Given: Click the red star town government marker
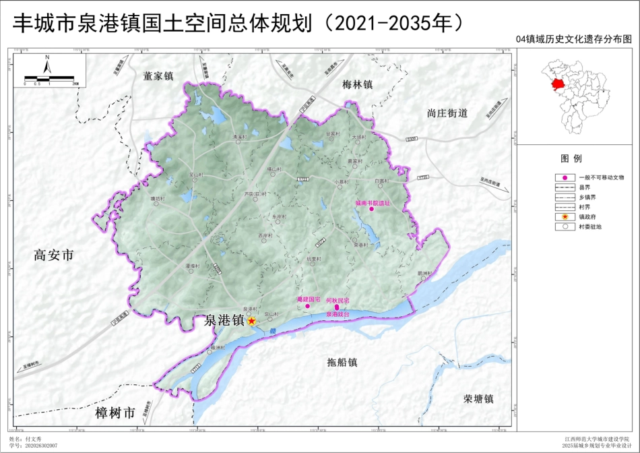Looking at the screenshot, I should (251, 321).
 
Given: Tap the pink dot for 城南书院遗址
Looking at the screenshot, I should (371, 209).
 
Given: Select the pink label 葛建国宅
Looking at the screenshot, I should (309, 299).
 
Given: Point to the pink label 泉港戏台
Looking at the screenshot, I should (338, 314).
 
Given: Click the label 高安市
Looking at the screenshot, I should (53, 255).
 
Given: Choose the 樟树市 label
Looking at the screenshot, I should (115, 412).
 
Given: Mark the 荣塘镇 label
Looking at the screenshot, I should (479, 398).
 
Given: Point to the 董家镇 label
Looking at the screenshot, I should (158, 76).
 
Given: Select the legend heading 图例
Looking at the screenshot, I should (571, 159).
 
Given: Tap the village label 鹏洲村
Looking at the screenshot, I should (423, 273).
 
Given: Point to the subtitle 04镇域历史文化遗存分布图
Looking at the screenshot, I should (574, 40).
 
